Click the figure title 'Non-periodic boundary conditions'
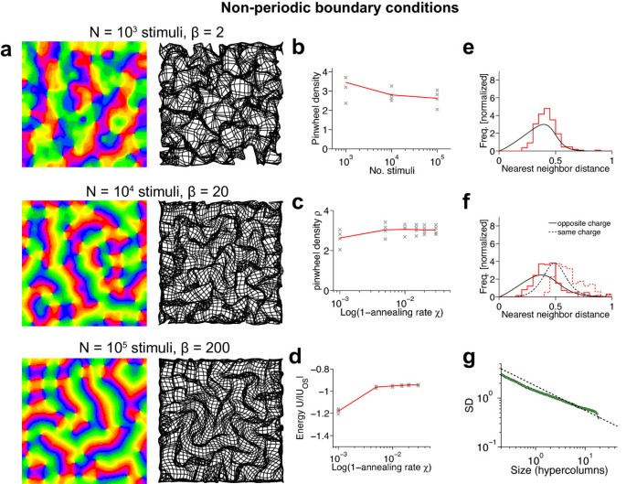click(313, 10)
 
